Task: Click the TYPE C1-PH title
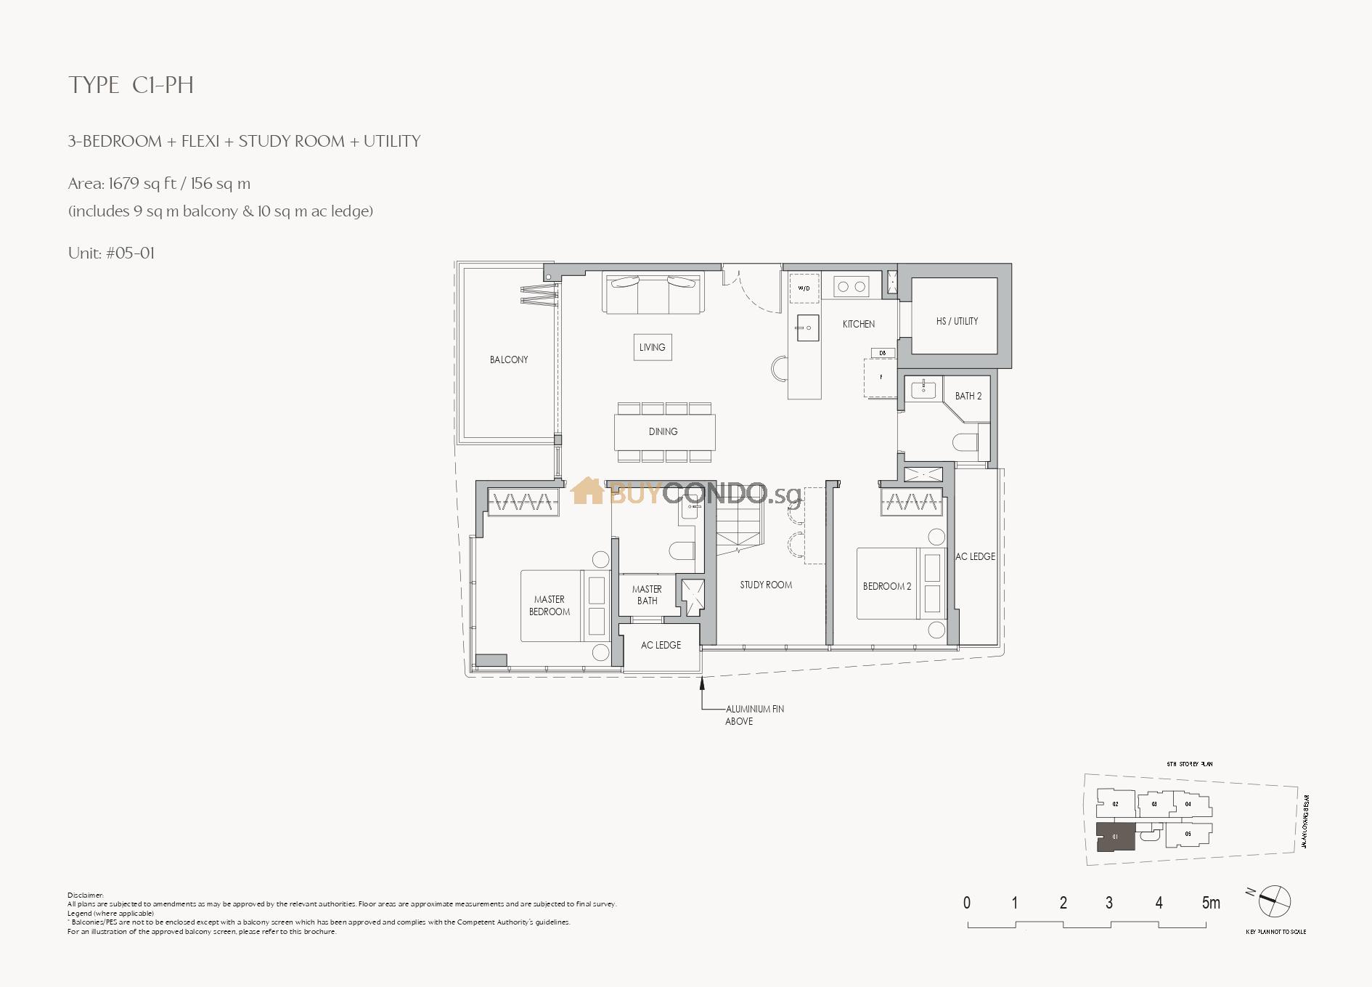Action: [131, 85]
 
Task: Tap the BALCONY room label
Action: [509, 360]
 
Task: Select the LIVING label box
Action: [652, 347]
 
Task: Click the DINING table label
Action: [663, 431]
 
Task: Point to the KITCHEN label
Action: [859, 324]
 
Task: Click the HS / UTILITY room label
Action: [957, 321]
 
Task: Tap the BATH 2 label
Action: [968, 396]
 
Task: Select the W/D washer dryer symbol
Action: [804, 288]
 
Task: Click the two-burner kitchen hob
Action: [852, 286]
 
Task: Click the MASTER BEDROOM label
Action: [550, 606]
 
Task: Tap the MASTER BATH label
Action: [647, 595]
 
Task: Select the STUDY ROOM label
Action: [766, 585]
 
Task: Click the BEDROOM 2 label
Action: [887, 586]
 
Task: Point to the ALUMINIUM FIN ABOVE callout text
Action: [754, 715]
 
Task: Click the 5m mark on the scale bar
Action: [1210, 903]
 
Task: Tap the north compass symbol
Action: [1275, 901]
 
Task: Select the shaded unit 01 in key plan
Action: [1115, 837]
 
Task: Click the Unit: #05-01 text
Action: [111, 253]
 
